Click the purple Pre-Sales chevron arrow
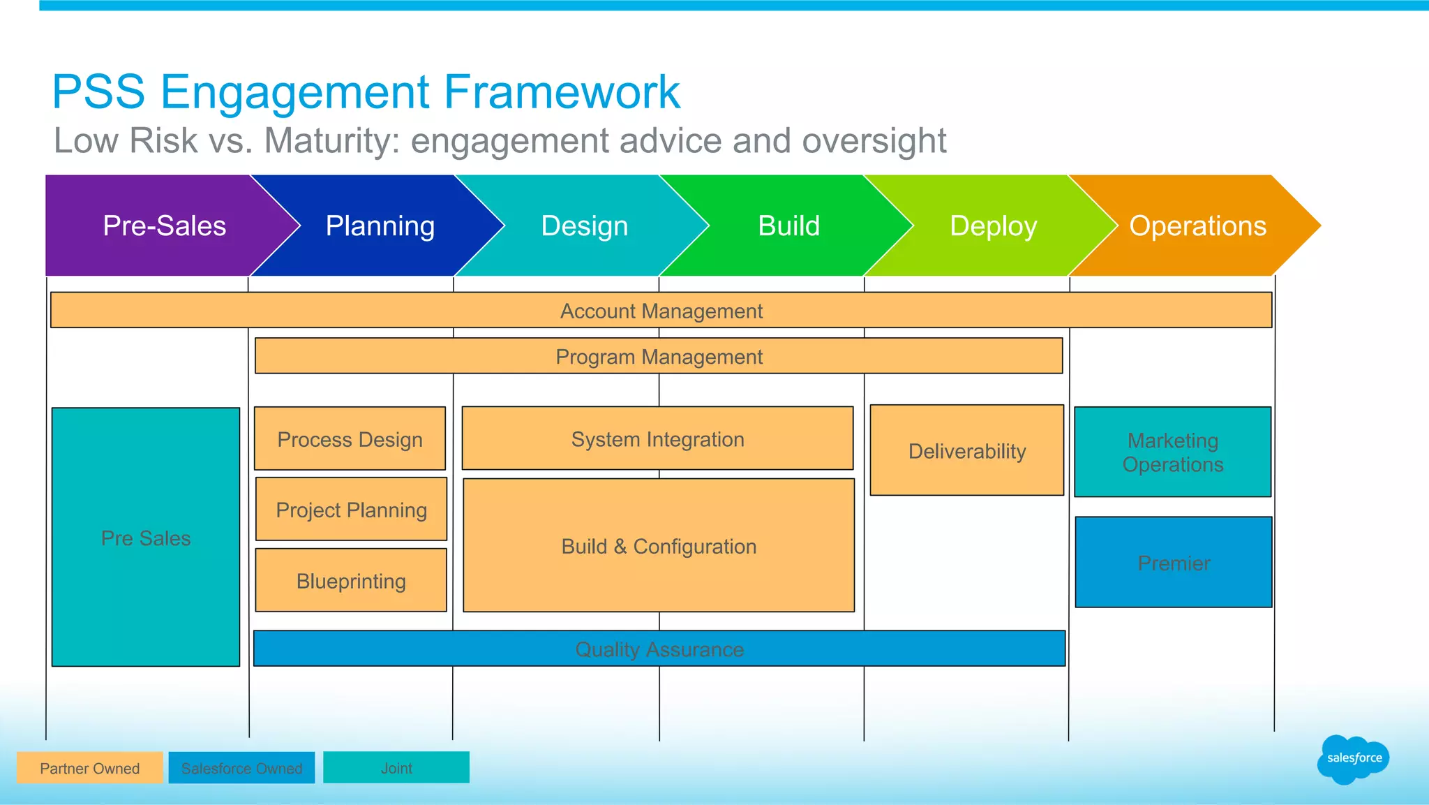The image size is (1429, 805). point(164,226)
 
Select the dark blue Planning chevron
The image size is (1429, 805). point(380,226)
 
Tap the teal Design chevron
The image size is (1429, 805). point(585,226)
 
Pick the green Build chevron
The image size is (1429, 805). point(789,226)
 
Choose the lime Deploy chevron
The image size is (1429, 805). point(994,226)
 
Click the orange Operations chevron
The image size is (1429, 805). point(1197,226)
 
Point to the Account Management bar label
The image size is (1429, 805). point(661,311)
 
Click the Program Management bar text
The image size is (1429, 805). point(659,357)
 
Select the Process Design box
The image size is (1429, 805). point(350,439)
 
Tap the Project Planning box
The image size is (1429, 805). point(351,510)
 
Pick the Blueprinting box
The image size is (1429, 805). point(351,581)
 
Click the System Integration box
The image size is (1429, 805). point(657,439)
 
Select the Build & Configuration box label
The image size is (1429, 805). point(659,546)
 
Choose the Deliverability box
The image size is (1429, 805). point(967,451)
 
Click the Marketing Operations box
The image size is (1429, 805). point(1173,452)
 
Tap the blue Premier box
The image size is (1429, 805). point(1174,563)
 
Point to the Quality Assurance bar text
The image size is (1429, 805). point(659,649)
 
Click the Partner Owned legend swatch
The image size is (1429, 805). point(89,768)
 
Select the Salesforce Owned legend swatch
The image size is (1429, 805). point(241,768)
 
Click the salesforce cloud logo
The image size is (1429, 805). point(1354,759)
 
